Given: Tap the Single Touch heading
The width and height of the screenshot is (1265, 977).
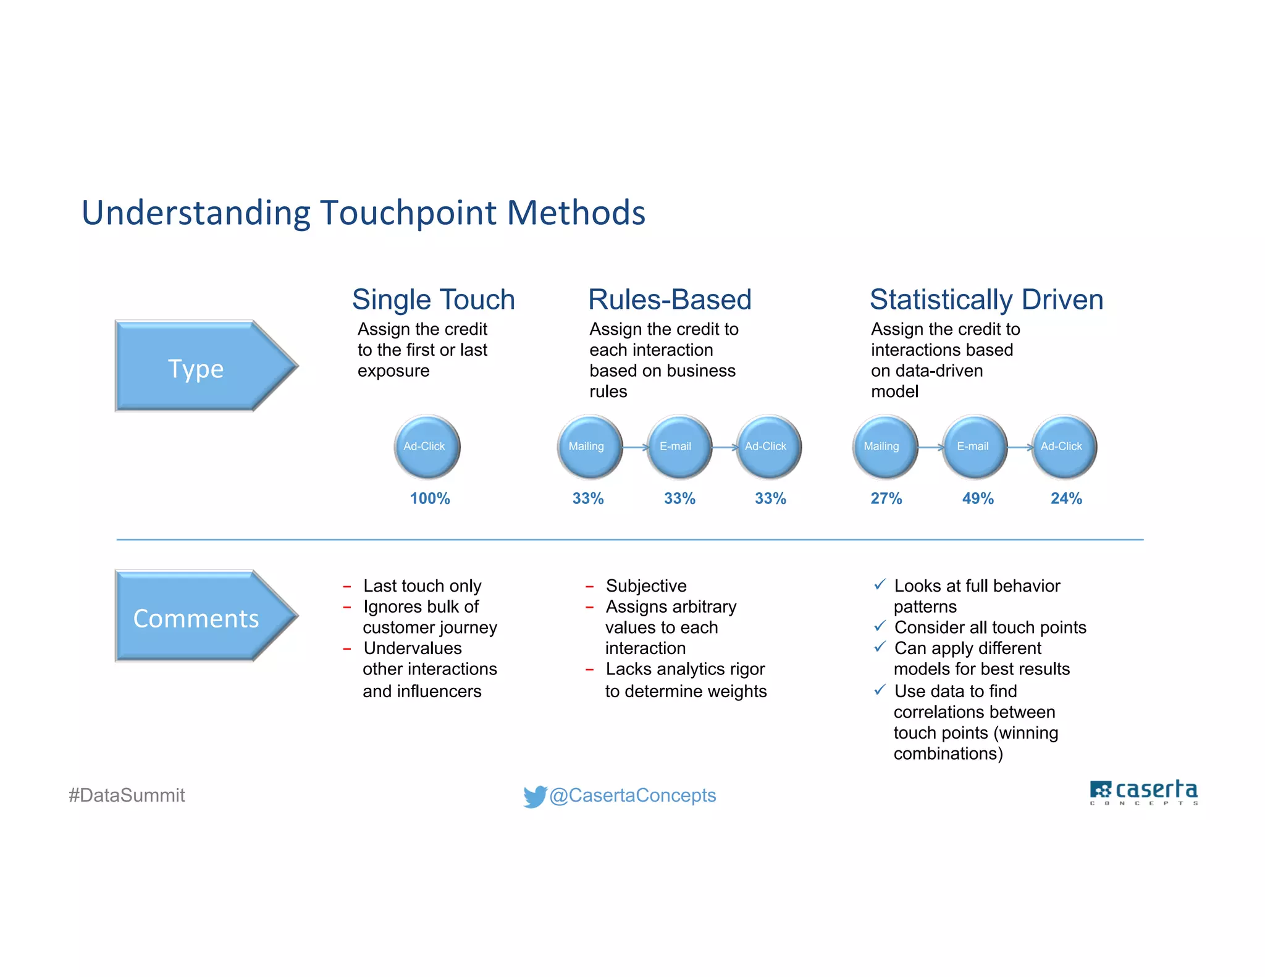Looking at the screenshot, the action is [433, 300].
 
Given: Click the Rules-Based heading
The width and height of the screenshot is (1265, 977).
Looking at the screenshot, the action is [670, 300].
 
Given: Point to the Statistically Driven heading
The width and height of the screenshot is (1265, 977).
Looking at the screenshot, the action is [986, 300].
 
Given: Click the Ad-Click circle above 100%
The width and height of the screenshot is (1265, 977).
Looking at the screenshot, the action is [427, 447].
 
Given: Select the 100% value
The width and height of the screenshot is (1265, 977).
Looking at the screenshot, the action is [430, 498].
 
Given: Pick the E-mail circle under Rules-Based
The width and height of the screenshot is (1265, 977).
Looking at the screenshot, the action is [678, 447].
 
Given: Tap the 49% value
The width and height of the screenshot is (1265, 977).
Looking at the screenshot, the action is [978, 498].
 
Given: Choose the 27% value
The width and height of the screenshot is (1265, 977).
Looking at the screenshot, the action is [886, 498].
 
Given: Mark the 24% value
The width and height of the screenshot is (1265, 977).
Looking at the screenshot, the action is [1066, 498].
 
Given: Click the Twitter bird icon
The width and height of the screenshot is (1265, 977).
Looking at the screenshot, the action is [534, 796].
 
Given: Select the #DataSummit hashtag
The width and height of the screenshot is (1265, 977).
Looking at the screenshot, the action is [127, 795].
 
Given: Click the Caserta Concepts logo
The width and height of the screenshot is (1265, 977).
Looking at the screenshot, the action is [1143, 792].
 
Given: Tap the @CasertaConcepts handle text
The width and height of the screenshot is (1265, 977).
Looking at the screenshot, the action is [632, 795].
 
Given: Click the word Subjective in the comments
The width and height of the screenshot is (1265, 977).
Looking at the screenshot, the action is [646, 585].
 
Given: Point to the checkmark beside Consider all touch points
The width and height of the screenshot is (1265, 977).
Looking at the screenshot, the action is [880, 626].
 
